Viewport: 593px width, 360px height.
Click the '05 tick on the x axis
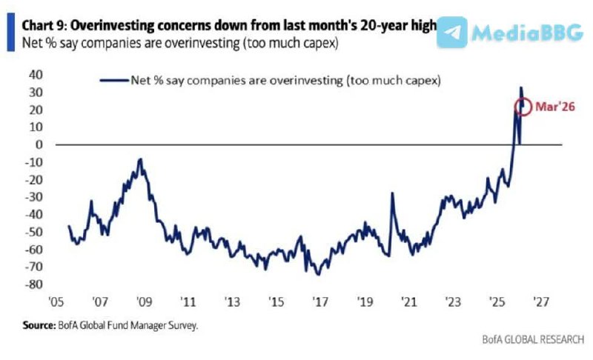(x=54, y=304)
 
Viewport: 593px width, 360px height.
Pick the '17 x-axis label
(x=320, y=304)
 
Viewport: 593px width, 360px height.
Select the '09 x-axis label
(x=143, y=304)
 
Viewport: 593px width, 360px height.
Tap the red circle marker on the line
(x=524, y=107)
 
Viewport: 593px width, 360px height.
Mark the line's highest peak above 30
(x=520, y=87)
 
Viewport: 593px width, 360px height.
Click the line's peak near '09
(x=140, y=159)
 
